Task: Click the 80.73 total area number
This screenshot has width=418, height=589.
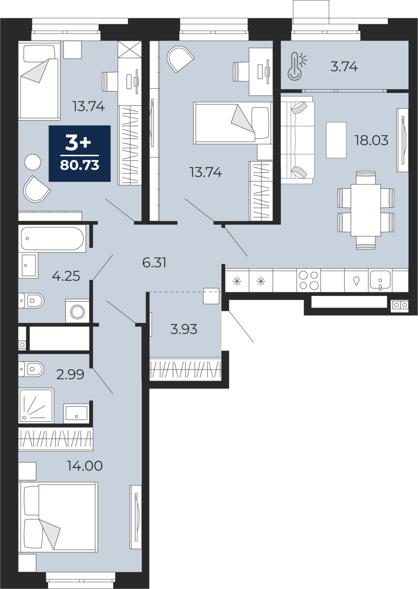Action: [80, 165]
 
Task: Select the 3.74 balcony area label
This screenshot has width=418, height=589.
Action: [344, 67]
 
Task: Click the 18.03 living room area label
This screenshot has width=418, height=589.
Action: [371, 140]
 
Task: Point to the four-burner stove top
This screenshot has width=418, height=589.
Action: [309, 280]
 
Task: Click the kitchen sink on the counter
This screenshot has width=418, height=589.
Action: [380, 280]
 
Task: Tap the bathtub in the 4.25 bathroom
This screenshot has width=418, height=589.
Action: [52, 239]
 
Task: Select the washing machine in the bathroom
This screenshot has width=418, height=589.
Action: [77, 311]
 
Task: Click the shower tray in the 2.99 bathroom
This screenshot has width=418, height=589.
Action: [36, 406]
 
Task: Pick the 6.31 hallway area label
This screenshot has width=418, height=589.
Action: [154, 263]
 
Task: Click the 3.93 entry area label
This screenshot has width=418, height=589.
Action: [184, 329]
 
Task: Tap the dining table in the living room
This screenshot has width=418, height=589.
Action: [366, 210]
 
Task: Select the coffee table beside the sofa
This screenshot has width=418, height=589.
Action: [336, 140]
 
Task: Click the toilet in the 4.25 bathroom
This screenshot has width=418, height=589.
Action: [31, 300]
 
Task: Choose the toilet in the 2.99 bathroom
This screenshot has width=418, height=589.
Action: [31, 369]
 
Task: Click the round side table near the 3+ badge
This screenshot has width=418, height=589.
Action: [33, 162]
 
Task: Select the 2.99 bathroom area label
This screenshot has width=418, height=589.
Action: [70, 374]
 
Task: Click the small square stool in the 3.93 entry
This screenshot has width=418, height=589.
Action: [211, 296]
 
